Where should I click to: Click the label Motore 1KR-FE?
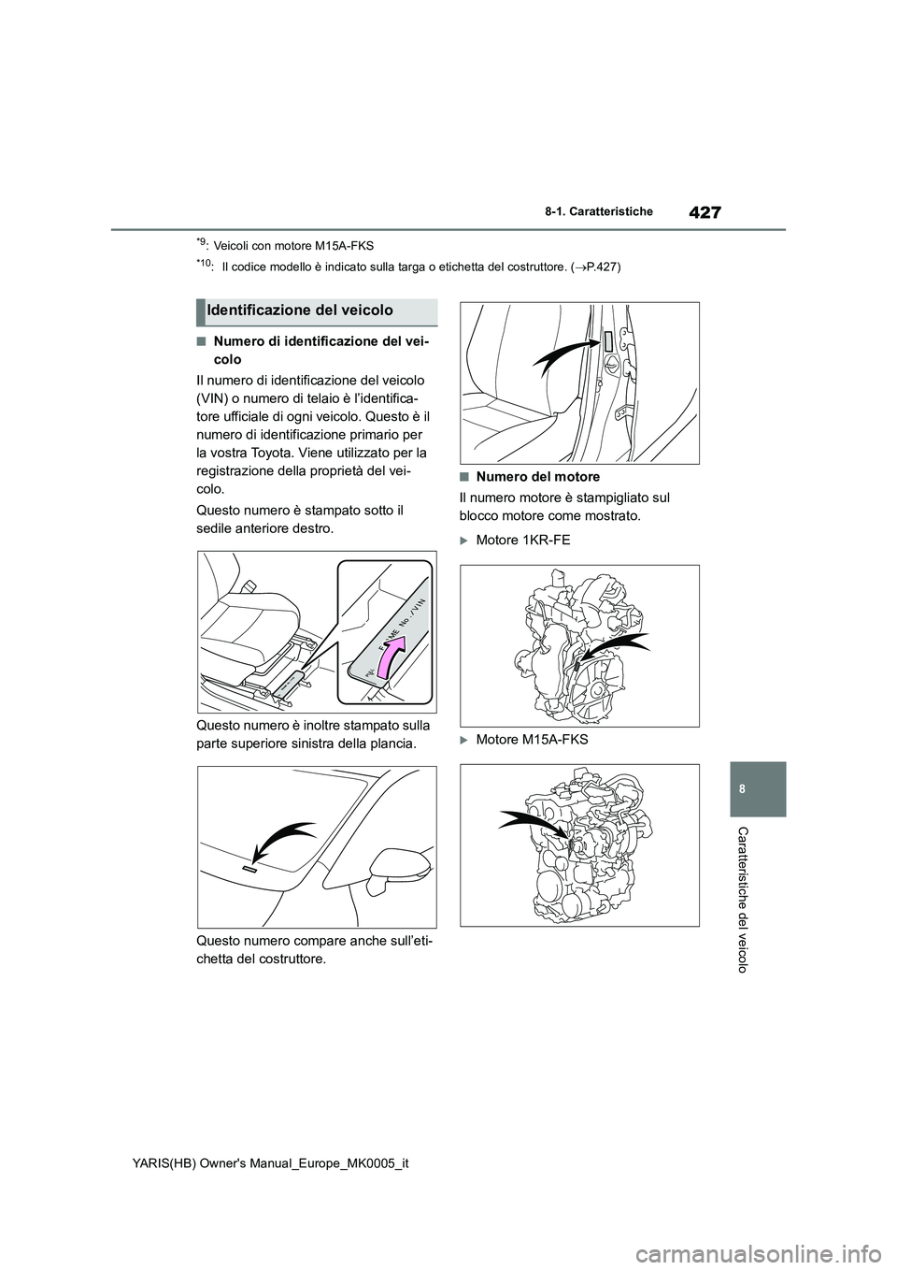[522, 541]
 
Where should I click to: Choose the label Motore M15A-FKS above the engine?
[532, 740]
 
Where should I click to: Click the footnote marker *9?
[203, 245]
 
